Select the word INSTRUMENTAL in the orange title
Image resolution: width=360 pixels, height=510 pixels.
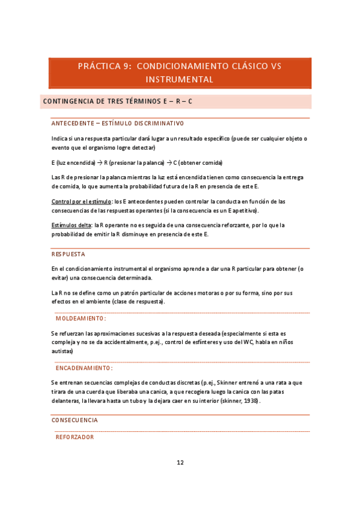click(180, 79)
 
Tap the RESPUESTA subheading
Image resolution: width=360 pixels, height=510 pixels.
click(68, 254)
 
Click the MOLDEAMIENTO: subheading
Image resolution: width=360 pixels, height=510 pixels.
click(81, 318)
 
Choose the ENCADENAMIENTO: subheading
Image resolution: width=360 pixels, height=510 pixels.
click(84, 367)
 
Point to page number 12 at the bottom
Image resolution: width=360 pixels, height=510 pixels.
click(180, 462)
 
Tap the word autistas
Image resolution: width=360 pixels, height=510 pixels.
click(62, 351)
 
